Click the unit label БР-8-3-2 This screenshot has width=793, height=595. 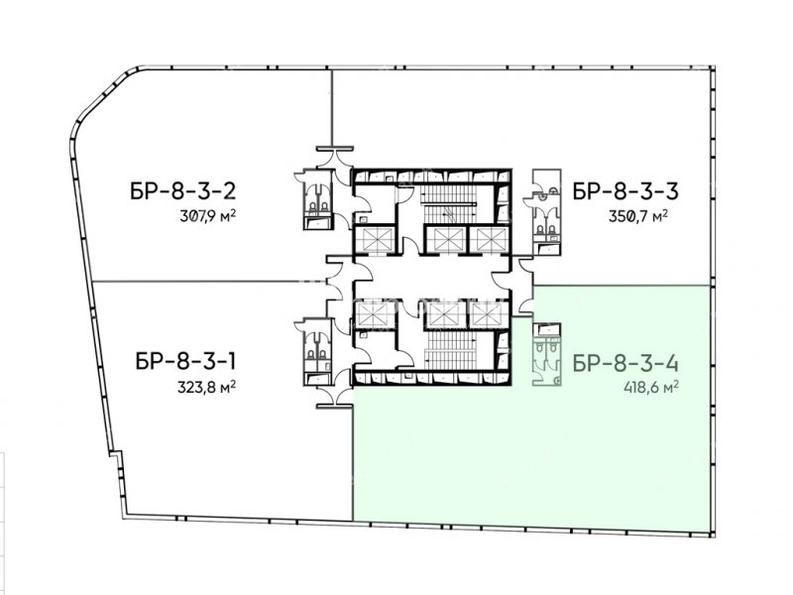pyautogui.click(x=183, y=191)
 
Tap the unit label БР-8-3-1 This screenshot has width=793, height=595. pyautogui.click(x=185, y=362)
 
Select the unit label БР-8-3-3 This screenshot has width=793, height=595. pyautogui.click(x=625, y=191)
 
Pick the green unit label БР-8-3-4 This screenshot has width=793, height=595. pyautogui.click(x=626, y=364)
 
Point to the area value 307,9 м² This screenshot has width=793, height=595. pyautogui.click(x=208, y=216)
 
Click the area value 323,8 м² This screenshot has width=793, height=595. pyautogui.click(x=206, y=388)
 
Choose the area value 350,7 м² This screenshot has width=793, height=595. pyautogui.click(x=638, y=216)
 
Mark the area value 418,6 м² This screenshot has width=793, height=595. pyautogui.click(x=651, y=388)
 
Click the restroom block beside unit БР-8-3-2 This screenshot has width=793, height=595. pyautogui.click(x=317, y=200)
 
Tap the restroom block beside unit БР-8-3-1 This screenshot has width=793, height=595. pyautogui.click(x=317, y=352)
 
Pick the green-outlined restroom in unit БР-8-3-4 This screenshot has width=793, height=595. pyautogui.click(x=547, y=355)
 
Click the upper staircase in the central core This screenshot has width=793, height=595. pyautogui.click(x=450, y=203)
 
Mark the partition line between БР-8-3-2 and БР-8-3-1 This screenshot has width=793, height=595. pyautogui.click(x=209, y=282)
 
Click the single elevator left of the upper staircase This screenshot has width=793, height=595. pyautogui.click(x=374, y=239)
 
